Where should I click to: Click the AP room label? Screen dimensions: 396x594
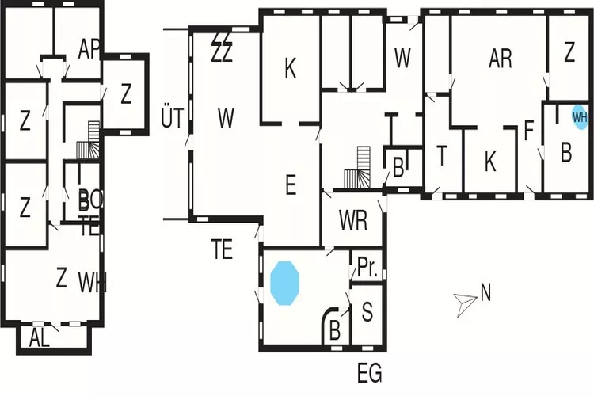[89, 49]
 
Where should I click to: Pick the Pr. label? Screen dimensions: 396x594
[367, 268]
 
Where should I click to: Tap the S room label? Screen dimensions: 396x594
[367, 311]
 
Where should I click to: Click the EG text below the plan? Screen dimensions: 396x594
[369, 371]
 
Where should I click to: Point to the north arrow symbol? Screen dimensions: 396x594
[464, 301]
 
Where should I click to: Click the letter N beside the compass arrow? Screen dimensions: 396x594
[485, 293]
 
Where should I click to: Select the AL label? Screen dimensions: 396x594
[40, 338]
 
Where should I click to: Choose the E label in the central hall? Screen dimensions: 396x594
[290, 187]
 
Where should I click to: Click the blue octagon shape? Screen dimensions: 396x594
[285, 282]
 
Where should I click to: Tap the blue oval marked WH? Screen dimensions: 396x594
[580, 116]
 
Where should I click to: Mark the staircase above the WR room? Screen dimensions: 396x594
[358, 169]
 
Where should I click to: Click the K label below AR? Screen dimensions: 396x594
[490, 162]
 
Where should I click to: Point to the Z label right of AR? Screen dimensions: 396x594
[569, 55]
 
